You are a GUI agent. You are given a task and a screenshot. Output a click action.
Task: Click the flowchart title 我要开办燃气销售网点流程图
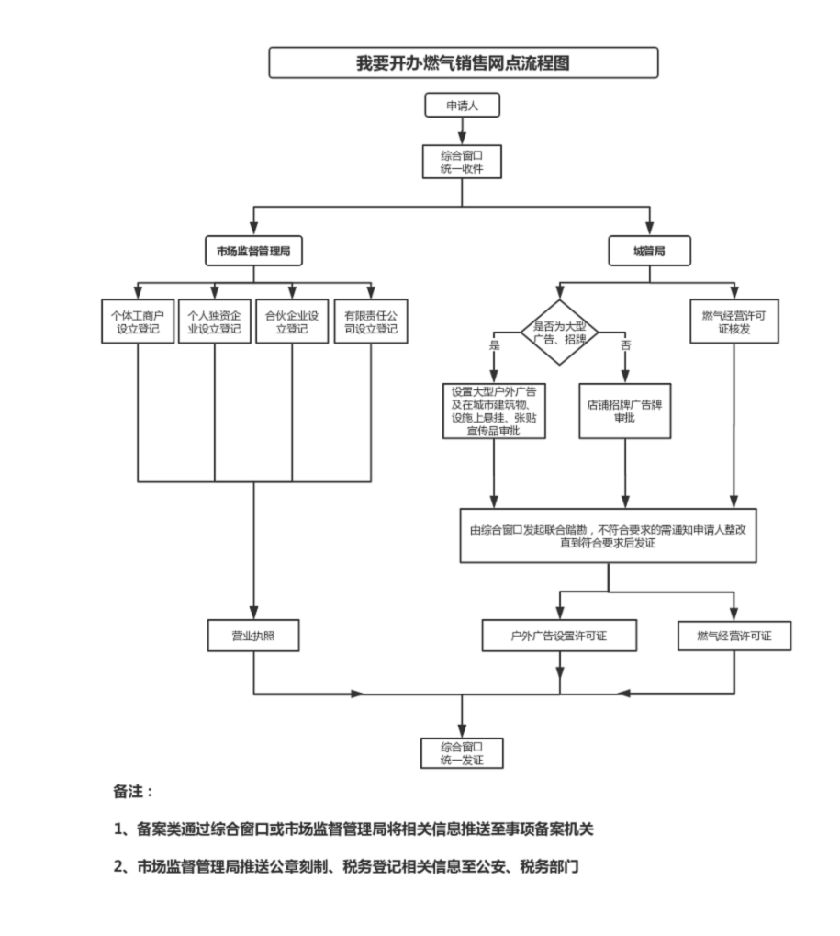pos(464,62)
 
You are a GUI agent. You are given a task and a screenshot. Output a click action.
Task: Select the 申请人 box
pos(463,106)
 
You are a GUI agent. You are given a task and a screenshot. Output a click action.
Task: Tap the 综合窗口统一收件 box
pos(463,162)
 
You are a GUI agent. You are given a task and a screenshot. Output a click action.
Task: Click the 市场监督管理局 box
pos(253,251)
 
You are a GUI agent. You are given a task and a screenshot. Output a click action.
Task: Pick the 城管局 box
pos(650,251)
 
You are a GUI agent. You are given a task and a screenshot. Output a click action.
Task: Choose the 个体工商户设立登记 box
pos(137,321)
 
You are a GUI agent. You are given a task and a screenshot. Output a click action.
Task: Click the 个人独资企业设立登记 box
pos(214,321)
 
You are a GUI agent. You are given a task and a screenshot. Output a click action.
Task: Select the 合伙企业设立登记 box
pos(292,321)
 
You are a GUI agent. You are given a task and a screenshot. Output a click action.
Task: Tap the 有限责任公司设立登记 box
pos(371,321)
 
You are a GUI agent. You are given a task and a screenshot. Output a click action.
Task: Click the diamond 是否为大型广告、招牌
pos(559,333)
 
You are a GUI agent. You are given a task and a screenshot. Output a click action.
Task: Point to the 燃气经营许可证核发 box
pos(734,321)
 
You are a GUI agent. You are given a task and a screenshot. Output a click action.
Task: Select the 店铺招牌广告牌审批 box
pos(625,410)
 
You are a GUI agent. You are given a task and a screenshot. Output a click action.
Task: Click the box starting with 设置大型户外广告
pos(494,410)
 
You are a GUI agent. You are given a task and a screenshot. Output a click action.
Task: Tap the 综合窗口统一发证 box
pos(462,753)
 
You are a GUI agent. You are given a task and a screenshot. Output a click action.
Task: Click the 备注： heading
pos(133,791)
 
